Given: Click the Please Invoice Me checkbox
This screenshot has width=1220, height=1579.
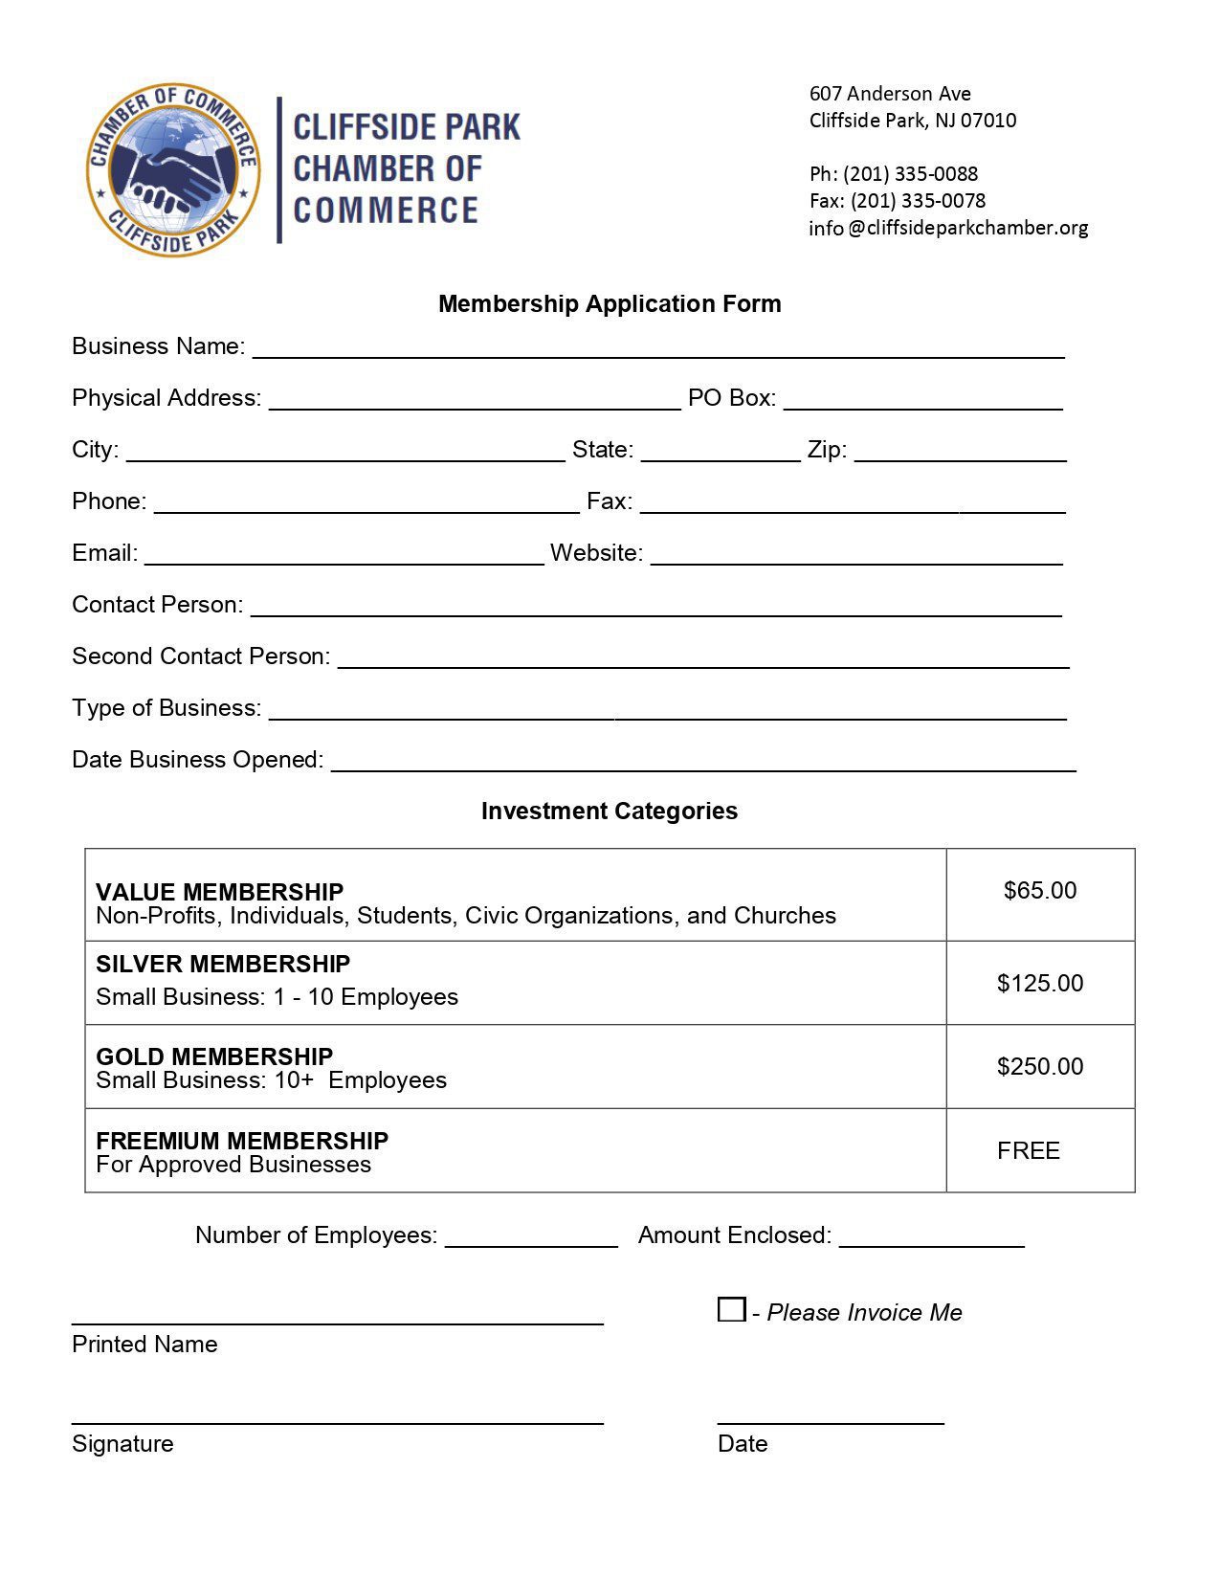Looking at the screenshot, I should point(731,1309).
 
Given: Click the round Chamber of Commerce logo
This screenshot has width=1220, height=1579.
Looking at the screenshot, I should point(173,169).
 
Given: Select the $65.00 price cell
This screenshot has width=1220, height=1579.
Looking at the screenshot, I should point(1040,891).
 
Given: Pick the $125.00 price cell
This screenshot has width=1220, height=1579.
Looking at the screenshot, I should point(1040,984).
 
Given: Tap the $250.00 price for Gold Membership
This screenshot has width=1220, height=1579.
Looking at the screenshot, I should point(1040,1067).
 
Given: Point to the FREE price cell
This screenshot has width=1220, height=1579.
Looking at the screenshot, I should point(1029,1151).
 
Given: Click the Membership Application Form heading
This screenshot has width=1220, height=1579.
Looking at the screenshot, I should point(610,304).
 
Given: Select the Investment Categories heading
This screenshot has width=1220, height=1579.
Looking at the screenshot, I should point(610,812).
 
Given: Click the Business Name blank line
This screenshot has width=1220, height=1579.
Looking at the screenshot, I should point(658,350).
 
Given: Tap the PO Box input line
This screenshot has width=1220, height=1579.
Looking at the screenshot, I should point(923,402).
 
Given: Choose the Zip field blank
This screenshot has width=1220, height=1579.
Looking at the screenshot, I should point(961,454).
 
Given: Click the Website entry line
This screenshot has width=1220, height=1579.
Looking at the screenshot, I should point(856,557).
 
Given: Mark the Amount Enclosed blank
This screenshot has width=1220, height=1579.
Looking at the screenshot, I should point(932,1239).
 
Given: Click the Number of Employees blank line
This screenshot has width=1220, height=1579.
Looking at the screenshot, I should point(532,1239).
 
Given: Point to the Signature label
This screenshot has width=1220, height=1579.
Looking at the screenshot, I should point(122,1444).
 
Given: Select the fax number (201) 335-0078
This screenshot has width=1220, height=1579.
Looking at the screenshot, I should point(918,201).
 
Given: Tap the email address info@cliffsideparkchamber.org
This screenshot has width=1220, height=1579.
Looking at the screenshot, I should point(948,228).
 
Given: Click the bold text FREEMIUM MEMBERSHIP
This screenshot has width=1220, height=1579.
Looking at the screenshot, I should point(242,1141).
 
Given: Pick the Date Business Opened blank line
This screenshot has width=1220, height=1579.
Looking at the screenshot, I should point(703,764).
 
